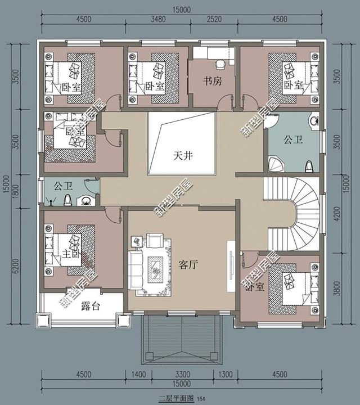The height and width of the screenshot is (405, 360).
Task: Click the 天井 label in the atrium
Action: pos(183,156)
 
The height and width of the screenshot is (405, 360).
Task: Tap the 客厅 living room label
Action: pos(187,265)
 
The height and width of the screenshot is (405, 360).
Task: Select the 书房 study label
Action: pos(213,81)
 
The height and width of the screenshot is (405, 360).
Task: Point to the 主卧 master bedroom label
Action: pos(70,254)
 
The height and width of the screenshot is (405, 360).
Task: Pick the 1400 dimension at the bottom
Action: pos(138,374)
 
